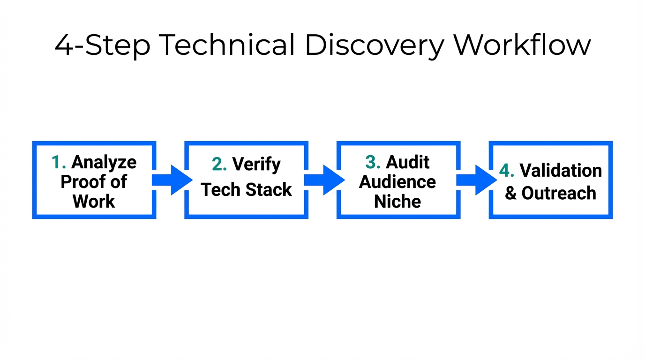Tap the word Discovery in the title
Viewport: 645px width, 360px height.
point(374,45)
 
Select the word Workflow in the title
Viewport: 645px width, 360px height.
point(522,45)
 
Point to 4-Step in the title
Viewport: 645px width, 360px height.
point(102,45)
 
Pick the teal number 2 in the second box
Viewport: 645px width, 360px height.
point(218,164)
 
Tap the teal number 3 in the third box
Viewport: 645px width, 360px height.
point(372,162)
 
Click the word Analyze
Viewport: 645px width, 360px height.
point(104,162)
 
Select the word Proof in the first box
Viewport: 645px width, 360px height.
point(81,182)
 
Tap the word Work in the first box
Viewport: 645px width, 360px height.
point(94,202)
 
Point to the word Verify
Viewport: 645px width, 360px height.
point(256,164)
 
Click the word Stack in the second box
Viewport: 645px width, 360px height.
point(272,190)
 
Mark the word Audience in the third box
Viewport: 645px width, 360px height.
point(397,182)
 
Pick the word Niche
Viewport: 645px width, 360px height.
point(397,202)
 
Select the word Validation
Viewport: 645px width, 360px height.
point(561,171)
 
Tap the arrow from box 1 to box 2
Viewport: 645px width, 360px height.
point(172,180)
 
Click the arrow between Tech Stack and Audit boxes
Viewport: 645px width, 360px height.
point(324,180)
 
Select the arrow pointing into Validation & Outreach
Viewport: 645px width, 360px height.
point(477,180)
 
